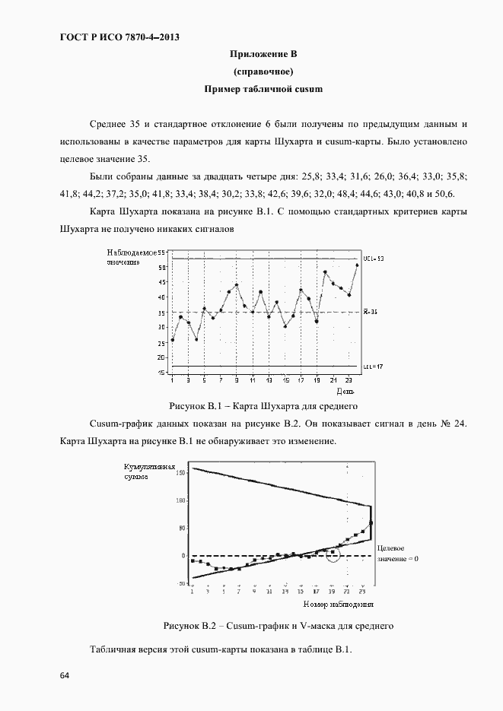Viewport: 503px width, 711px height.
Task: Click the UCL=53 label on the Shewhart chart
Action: click(x=374, y=259)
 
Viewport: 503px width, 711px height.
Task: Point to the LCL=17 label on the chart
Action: click(x=373, y=367)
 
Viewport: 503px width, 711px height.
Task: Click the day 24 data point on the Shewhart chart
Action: click(x=357, y=265)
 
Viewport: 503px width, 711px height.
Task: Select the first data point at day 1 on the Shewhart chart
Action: click(x=173, y=340)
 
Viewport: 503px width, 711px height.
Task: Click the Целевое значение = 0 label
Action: click(x=398, y=553)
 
